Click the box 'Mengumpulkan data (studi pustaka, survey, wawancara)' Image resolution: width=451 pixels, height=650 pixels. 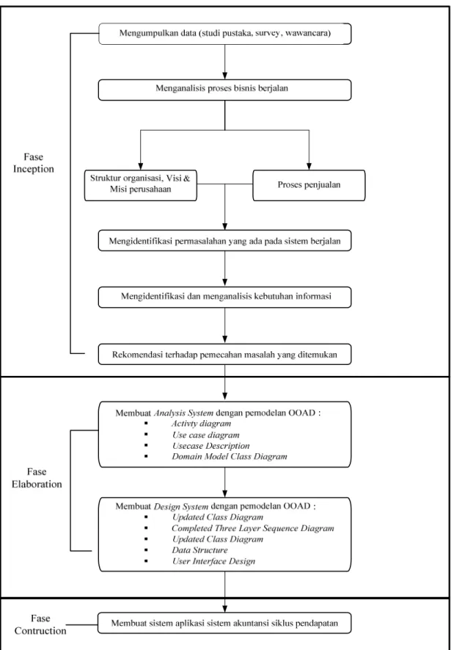pyautogui.click(x=224, y=34)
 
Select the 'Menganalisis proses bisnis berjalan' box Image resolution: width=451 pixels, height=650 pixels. pyautogui.click(x=224, y=90)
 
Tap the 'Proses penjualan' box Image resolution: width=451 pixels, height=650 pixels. pyautogui.click(x=309, y=185)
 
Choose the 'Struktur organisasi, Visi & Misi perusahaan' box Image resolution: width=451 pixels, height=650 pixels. pyautogui.click(x=141, y=185)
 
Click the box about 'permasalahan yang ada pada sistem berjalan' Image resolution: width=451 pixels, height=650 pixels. pyautogui.click(x=224, y=240)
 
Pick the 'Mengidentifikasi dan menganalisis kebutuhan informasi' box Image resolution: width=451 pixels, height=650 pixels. pyautogui.click(x=224, y=297)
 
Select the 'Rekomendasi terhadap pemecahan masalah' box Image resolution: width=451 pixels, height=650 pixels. pyautogui.click(x=224, y=355)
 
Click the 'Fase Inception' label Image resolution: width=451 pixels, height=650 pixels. pyautogui.click(x=34, y=163)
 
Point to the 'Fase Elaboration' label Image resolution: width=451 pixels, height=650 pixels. pyautogui.click(x=37, y=478)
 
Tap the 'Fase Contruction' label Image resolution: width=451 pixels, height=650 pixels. pyautogui.click(x=40, y=625)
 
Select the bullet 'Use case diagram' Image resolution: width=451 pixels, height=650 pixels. pyautogui.click(x=205, y=436)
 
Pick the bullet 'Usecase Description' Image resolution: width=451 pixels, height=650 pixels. pyautogui.click(x=210, y=446)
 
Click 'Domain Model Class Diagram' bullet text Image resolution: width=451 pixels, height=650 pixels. pyautogui.click(x=230, y=457)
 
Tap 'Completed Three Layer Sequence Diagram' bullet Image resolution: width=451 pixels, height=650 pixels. pyautogui.click(x=253, y=529)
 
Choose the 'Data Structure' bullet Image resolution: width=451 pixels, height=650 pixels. pyautogui.click(x=200, y=550)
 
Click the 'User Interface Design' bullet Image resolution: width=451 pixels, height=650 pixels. pyautogui.click(x=213, y=561)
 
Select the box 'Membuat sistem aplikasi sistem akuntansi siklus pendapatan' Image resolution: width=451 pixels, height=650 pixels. pyautogui.click(x=224, y=623)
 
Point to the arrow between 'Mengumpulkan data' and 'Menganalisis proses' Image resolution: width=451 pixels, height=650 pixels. pyautogui.click(x=224, y=62)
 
